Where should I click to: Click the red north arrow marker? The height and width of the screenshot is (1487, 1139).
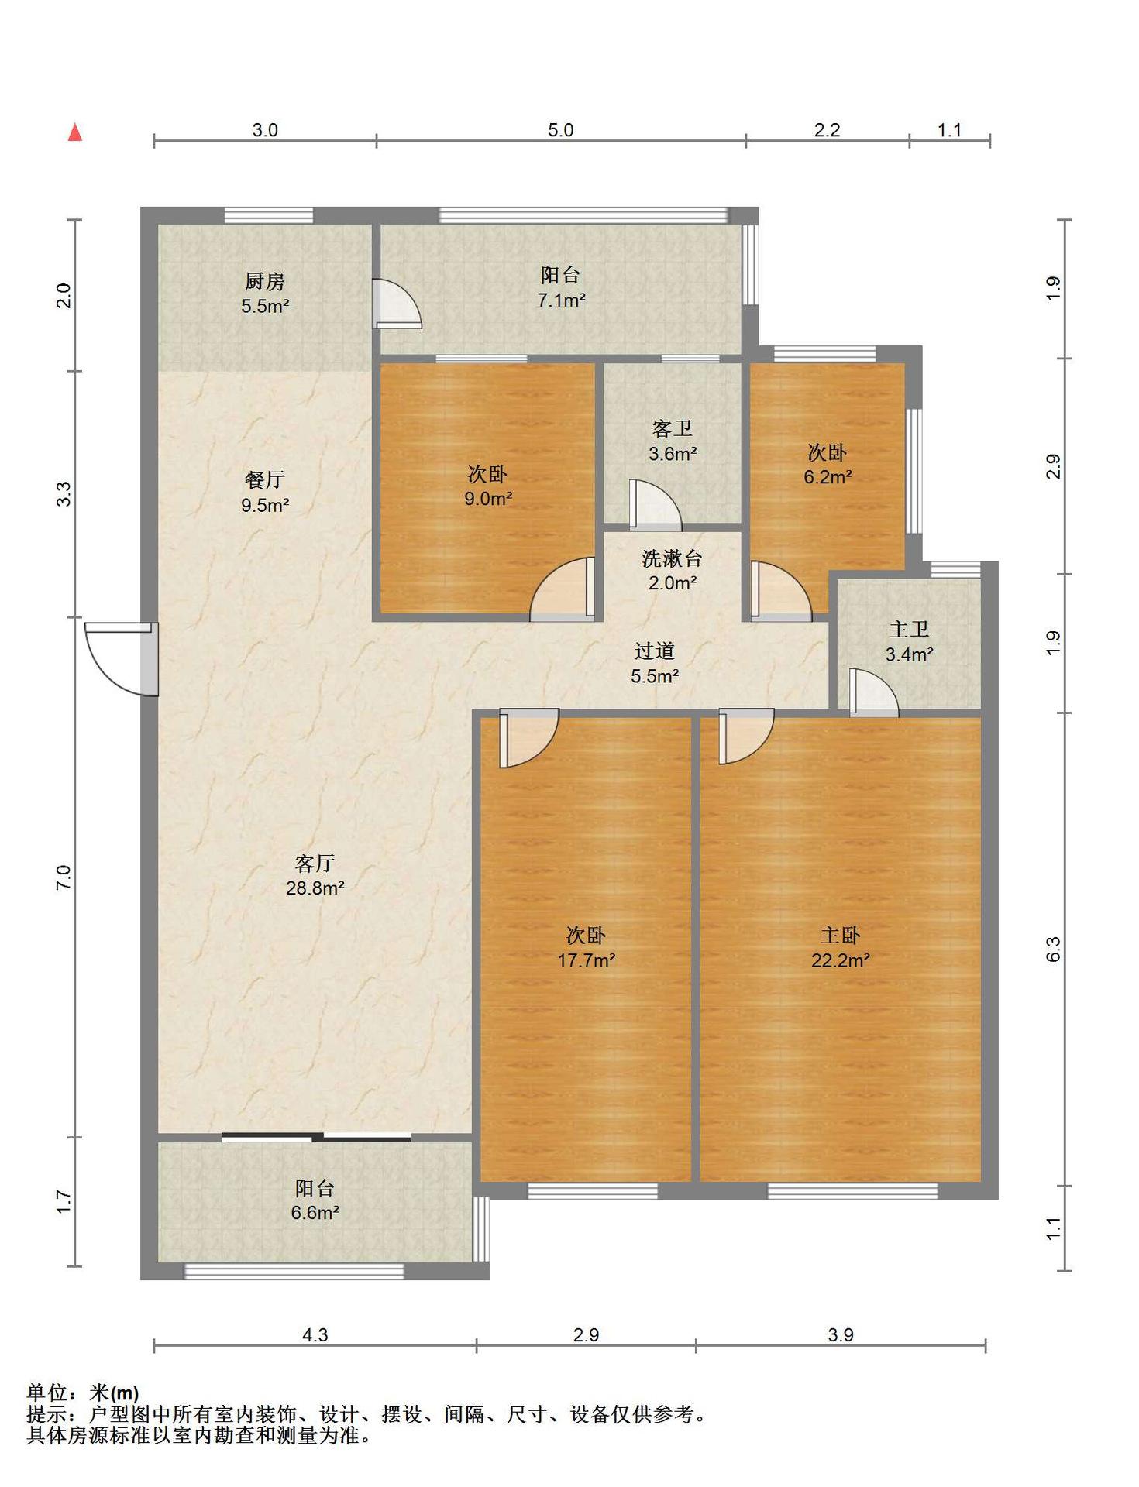click(75, 132)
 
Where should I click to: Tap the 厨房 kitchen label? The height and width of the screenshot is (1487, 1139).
click(264, 281)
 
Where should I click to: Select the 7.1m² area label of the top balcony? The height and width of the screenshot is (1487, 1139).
click(561, 300)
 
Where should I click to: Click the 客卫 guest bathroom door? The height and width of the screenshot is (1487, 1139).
click(656, 505)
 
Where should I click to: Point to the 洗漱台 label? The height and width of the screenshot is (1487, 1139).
click(672, 558)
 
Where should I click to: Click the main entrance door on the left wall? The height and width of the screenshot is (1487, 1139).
click(122, 658)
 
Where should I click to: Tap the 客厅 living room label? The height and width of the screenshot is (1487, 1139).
click(315, 863)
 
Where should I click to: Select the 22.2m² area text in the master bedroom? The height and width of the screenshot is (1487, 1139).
click(840, 960)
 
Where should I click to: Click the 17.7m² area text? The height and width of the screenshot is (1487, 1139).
click(587, 960)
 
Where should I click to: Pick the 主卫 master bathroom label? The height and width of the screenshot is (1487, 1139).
click(909, 630)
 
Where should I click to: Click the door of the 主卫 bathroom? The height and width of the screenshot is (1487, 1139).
click(873, 692)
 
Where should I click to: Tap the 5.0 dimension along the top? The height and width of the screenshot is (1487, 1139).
click(560, 130)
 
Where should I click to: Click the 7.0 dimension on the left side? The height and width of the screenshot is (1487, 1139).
click(64, 877)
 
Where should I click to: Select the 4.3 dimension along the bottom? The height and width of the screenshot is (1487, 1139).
click(315, 1334)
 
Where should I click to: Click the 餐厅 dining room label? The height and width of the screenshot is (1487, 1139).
click(264, 480)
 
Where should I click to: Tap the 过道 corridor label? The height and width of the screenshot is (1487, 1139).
click(655, 651)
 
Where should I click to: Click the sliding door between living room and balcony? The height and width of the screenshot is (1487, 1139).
click(316, 1137)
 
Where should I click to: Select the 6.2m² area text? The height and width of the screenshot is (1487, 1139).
click(828, 477)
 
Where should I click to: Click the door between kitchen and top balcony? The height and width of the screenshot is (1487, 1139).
click(397, 304)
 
